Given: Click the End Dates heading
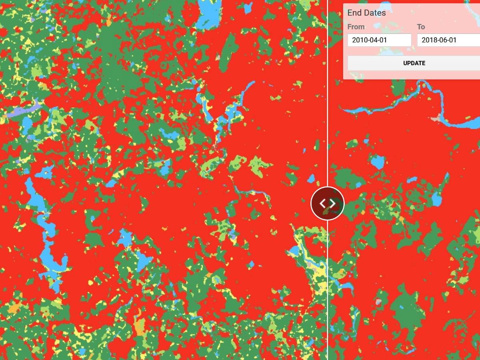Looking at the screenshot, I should coord(366,13).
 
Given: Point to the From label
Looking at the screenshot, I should coord(356,27).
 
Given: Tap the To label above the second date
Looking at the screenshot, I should coord(421,27).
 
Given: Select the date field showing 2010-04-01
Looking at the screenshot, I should coord(379,40).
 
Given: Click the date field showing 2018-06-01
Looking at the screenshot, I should coord(448,40).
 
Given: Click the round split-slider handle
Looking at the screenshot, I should coord(328,203).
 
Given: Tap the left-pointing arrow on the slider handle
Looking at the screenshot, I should coord(322,203).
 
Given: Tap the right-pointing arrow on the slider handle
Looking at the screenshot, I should coord(333,203).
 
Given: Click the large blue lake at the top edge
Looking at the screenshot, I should coord(208,14).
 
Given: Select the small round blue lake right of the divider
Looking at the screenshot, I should coord(377,162).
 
